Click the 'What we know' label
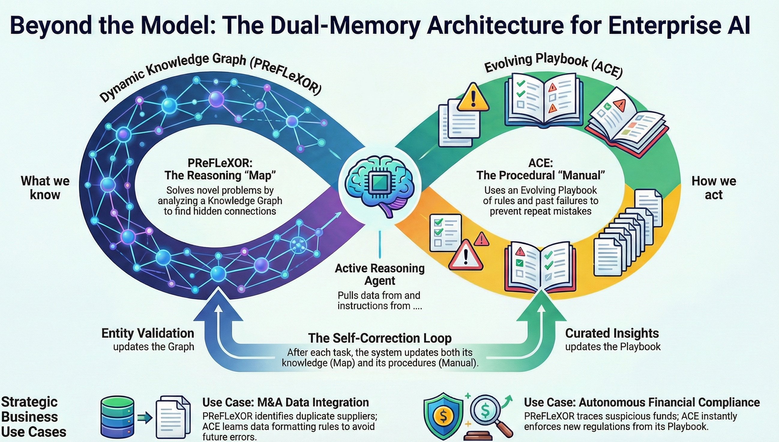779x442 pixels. tap(45, 188)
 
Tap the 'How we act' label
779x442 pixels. tap(714, 188)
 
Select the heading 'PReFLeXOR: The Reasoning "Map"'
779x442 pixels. tap(220, 169)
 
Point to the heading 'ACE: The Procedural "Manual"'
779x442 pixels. tap(540, 169)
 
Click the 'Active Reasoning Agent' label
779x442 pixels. tap(380, 274)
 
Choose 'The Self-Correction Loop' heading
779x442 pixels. tap(380, 338)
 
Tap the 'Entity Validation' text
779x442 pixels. tap(148, 333)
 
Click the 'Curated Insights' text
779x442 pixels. tap(612, 333)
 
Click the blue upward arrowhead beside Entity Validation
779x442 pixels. tap(218, 307)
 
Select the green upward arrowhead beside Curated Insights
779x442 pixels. tap(542, 307)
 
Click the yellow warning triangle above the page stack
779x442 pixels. tap(473, 98)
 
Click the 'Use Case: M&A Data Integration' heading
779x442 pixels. tap(285, 402)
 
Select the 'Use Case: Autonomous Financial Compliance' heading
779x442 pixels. tap(642, 402)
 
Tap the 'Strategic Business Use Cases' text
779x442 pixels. tap(33, 417)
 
